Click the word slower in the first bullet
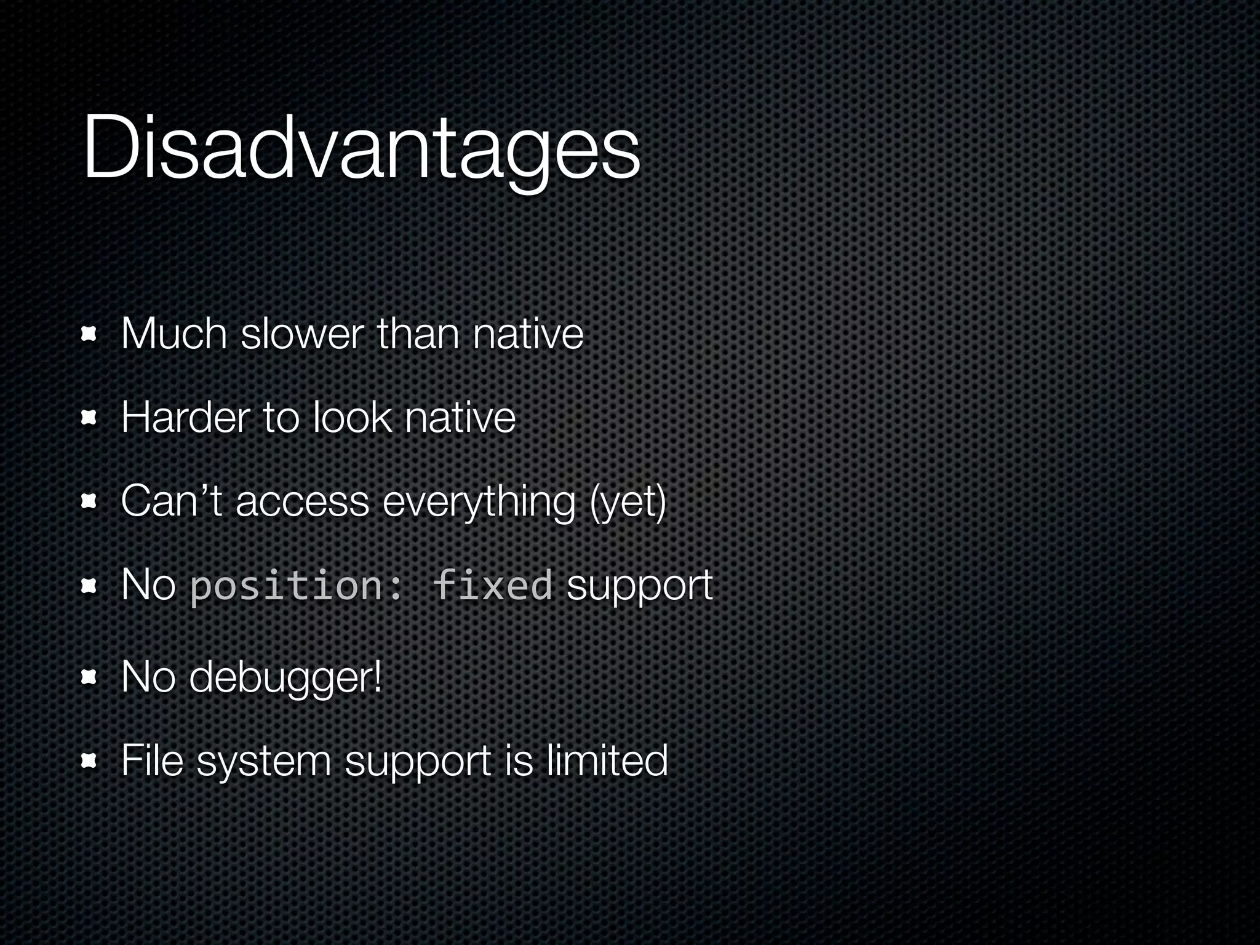tap(302, 334)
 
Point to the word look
tap(351, 418)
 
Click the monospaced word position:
tap(296, 586)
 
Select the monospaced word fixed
tap(492, 585)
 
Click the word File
tap(152, 760)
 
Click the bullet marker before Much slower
tap(90, 335)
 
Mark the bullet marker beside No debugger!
tap(90, 678)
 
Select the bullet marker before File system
tap(90, 762)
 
